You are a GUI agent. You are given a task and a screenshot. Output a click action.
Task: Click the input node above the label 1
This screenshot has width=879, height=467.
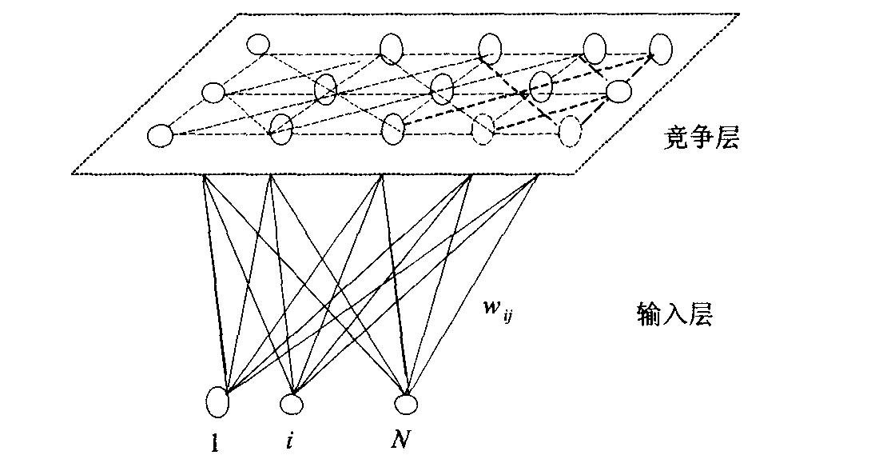[217, 399]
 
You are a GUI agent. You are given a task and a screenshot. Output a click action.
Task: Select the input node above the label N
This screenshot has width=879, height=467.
[407, 404]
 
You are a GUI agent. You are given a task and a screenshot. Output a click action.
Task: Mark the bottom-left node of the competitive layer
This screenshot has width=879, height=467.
[161, 136]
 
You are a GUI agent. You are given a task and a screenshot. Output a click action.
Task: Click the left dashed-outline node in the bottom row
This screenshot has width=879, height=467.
[483, 128]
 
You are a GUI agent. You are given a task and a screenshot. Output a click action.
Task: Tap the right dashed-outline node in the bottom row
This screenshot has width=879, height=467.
[569, 130]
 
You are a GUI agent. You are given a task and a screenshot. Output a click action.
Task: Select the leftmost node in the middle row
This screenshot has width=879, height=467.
[213, 93]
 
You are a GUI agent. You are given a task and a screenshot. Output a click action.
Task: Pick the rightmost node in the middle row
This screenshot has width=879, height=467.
[618, 92]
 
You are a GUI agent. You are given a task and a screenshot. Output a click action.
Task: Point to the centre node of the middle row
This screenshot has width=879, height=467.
[442, 88]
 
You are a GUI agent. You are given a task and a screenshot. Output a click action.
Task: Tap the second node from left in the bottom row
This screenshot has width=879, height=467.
[280, 128]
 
